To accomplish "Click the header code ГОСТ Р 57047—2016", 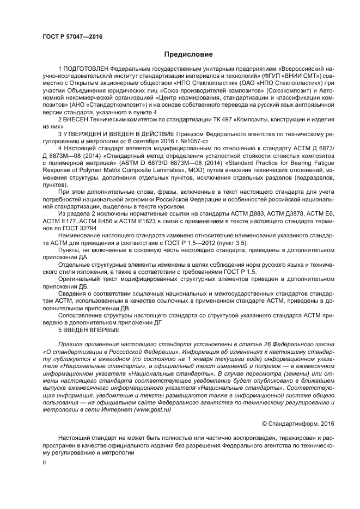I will point(72,36).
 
